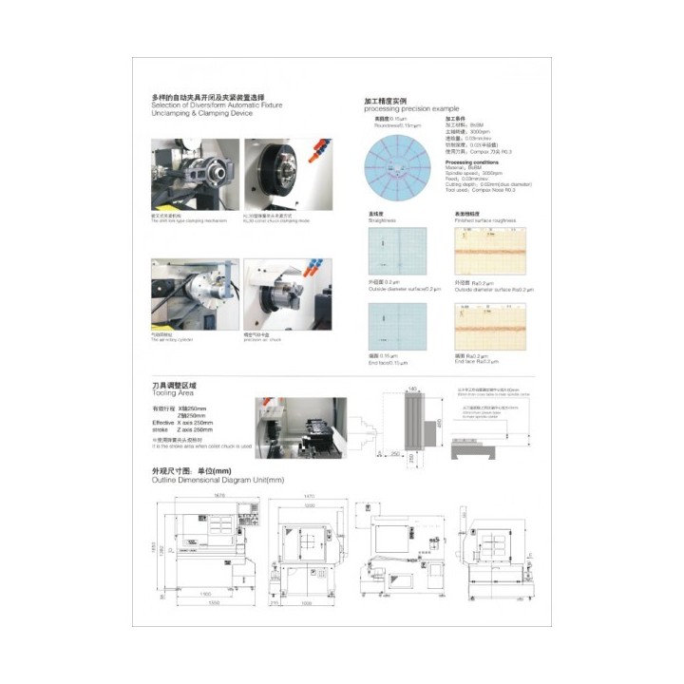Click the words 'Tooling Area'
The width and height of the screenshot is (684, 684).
point(173,391)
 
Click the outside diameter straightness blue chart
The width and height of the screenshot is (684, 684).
point(398,251)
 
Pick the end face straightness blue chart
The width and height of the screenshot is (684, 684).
point(398,326)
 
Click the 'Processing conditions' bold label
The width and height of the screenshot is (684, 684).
point(472,161)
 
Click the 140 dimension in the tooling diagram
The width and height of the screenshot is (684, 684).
point(412,389)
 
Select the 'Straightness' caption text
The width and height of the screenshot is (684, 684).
point(381,220)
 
